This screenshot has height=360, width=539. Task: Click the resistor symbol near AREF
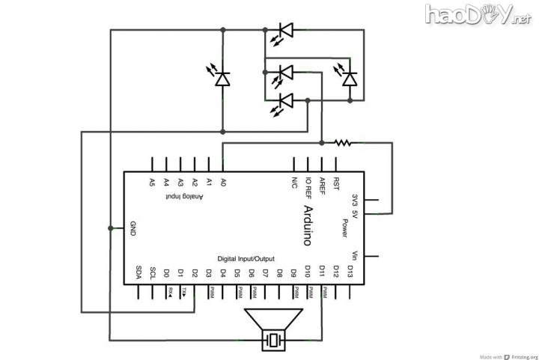tap(343, 141)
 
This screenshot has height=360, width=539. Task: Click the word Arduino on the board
tap(308, 225)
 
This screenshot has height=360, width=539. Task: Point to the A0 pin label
tap(223, 182)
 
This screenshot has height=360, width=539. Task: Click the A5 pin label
tap(152, 182)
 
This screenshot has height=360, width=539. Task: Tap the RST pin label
tap(336, 183)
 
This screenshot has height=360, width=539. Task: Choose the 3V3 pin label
tap(355, 200)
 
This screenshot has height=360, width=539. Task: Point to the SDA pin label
tap(138, 272)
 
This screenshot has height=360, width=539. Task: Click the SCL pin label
tap(153, 272)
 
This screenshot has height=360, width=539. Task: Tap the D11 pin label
tap(322, 271)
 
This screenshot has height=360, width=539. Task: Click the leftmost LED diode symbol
tap(222, 78)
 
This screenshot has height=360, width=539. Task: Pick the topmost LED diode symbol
tap(284, 31)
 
